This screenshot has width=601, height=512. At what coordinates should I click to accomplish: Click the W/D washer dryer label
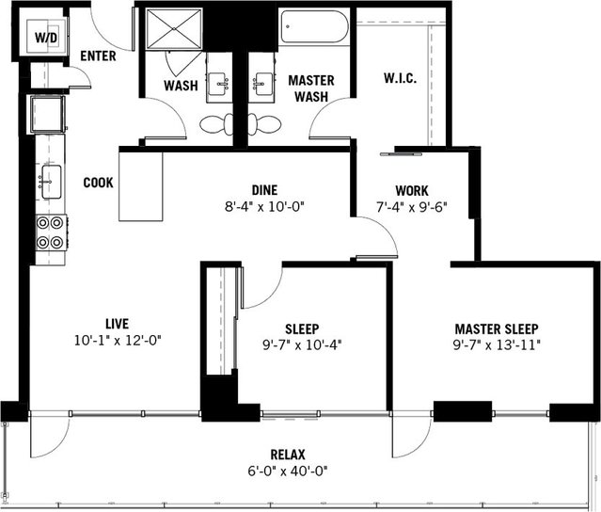pos(44,38)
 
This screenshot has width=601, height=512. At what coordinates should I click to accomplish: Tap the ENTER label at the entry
pos(98,56)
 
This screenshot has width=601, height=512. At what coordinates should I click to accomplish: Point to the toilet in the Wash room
pos(215,123)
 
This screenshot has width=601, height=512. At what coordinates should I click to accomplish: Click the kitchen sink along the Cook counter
pos(49,180)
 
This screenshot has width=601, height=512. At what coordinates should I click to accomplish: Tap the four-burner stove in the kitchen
pos(50,232)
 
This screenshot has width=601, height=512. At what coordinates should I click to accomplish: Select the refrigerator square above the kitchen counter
pos(46,115)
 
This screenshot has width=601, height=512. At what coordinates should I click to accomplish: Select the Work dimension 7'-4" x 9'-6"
pos(412,205)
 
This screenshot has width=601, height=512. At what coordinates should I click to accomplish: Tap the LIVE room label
pos(118,323)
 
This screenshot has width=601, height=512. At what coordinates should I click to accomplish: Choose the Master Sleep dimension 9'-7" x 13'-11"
pos(497,344)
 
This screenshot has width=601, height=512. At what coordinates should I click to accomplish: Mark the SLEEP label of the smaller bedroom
pos(301,328)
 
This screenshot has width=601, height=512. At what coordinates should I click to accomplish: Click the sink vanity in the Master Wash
pos(260,86)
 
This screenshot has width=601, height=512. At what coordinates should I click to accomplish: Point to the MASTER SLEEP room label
pos(497,328)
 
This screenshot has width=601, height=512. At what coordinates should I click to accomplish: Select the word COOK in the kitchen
pos(99,183)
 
